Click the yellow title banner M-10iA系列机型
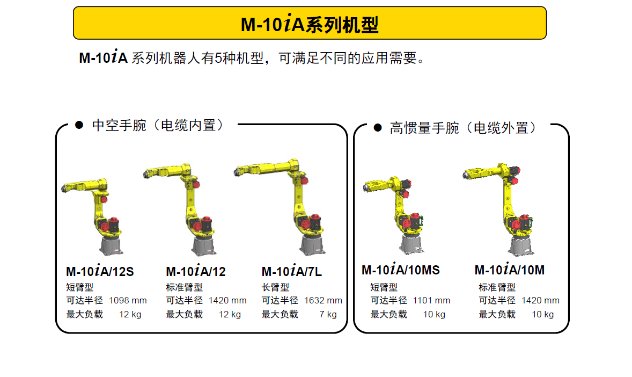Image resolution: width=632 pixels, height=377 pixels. tap(310, 23)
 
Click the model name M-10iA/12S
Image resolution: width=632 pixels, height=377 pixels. tap(100, 271)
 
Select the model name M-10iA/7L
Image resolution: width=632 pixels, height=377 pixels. tap(292, 271)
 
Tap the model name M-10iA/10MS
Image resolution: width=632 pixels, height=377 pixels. tap(401, 269)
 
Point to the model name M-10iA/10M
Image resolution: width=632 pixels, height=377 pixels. tap(510, 269)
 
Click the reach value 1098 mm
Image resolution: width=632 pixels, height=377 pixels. tap(128, 301)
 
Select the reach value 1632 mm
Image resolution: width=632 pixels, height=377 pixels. tap(323, 301)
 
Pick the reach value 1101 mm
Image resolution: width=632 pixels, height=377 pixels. tap(431, 301)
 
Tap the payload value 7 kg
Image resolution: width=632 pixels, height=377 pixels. tap(328, 315)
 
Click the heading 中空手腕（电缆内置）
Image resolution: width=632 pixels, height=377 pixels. tap(158, 125)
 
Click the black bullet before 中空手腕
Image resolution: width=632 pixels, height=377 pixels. tap(79, 125)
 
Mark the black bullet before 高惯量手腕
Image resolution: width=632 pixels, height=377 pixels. tap(378, 128)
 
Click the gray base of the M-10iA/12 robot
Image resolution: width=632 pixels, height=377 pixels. tap(204, 246)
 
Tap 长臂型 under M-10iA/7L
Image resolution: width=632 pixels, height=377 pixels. tap(275, 287)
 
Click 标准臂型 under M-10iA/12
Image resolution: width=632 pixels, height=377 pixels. tap(184, 287)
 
